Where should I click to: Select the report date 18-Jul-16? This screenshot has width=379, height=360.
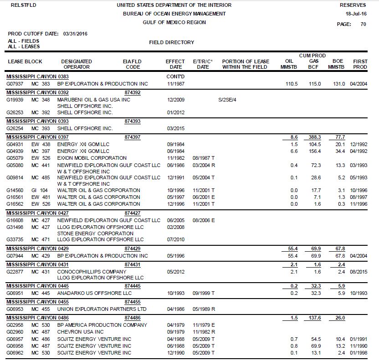356,14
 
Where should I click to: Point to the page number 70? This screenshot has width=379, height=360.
363,25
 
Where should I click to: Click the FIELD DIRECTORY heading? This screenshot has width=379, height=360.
172,42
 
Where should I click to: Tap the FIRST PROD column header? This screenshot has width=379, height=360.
360,64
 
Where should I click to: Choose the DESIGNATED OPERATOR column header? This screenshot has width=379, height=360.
77,64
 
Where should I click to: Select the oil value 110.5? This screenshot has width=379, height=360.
291,84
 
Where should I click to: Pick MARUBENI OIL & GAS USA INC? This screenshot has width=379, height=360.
93,100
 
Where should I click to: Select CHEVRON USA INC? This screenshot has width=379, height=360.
81,332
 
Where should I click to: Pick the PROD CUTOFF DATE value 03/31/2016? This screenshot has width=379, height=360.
76,34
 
